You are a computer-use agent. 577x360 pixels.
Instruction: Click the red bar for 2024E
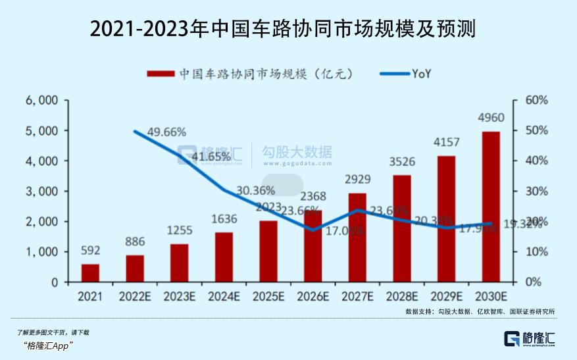pyautogui.click(x=224, y=257)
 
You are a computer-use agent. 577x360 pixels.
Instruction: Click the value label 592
pyautogui.click(x=90, y=250)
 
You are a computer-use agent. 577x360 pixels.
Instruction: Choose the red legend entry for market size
pyautogui.click(x=250, y=74)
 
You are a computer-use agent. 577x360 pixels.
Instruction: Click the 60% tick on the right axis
pyautogui.click(x=536, y=100)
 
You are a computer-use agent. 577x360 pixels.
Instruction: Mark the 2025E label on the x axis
pyautogui.click(x=268, y=296)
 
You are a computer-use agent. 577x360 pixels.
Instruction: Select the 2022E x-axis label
pyautogui.click(x=135, y=296)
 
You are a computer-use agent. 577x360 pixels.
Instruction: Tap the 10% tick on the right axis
pyautogui.click(x=536, y=252)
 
